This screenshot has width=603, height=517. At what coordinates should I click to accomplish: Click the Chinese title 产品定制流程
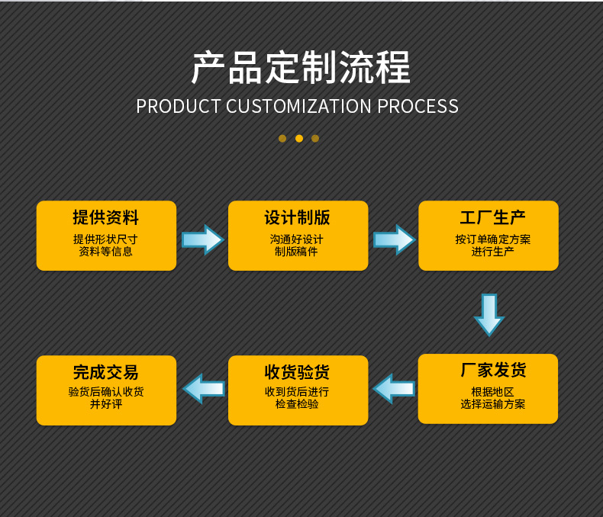[301, 67]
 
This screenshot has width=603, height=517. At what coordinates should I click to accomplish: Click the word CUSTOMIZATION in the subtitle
[299, 106]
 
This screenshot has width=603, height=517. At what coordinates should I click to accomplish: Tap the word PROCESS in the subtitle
[418, 106]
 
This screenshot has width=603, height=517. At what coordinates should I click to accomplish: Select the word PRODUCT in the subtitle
[178, 106]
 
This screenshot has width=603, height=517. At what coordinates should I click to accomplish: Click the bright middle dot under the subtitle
[298, 138]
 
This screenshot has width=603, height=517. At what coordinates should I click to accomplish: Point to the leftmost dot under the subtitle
[282, 138]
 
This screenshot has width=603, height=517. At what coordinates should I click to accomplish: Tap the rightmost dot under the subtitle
[315, 138]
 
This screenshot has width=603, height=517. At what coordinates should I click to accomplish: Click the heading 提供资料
[106, 217]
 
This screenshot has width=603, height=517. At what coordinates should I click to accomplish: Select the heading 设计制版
[298, 217]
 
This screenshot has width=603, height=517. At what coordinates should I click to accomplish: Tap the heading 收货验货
[298, 372]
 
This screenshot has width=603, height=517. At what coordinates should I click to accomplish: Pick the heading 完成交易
[106, 372]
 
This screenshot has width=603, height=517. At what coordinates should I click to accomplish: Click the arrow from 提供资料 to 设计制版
[202, 239]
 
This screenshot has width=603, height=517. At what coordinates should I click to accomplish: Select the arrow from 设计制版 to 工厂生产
[394, 239]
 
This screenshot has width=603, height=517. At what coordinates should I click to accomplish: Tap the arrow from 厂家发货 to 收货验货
[394, 388]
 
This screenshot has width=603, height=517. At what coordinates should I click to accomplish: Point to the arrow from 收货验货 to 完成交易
[203, 388]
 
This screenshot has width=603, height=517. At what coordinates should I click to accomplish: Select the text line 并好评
[106, 404]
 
